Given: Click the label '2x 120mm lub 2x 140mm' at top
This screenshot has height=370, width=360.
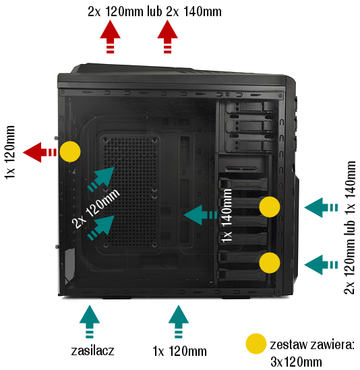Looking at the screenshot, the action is (x=154, y=11).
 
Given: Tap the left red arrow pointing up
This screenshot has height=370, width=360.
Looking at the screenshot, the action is (x=111, y=36).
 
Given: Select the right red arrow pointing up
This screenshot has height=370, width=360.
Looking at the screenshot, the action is (x=168, y=36).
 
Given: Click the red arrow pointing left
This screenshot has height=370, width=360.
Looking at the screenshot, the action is (x=40, y=152).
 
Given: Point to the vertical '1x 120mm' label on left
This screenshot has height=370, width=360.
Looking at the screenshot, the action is (x=10, y=152).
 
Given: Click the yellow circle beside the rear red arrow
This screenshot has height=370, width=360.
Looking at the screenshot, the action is (x=70, y=152).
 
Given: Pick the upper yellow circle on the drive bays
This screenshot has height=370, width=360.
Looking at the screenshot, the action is (x=270, y=207).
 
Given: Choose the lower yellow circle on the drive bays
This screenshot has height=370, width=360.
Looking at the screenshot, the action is (x=270, y=263).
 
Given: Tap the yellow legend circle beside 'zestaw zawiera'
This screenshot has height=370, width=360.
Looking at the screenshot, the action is (x=256, y=344).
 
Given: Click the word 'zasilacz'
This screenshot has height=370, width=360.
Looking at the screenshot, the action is (x=92, y=350).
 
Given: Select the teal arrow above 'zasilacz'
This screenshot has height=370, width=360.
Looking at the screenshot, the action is (x=90, y=321).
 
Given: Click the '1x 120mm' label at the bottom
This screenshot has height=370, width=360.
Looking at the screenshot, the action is (x=179, y=351).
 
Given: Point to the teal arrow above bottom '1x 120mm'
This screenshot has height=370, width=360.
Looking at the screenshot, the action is (x=179, y=321).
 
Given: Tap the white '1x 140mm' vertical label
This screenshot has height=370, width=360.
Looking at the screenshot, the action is (x=227, y=216).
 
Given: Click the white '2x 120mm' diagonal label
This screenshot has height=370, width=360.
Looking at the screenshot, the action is (x=96, y=208).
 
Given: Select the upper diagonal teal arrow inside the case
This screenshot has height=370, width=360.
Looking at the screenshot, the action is (x=101, y=179).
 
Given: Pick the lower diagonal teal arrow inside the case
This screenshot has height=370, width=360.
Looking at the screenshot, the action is (x=101, y=228).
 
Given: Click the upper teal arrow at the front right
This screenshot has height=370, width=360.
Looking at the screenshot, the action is (x=321, y=208).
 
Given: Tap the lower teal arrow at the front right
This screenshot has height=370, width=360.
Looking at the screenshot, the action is (x=321, y=265).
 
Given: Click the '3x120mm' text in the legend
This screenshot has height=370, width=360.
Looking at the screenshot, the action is (x=296, y=362).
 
